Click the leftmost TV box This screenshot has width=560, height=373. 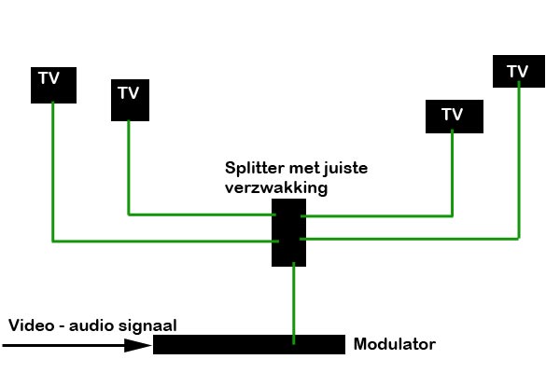tap(52, 84)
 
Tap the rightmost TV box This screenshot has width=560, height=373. tap(516, 72)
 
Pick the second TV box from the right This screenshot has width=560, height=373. tap(453, 115)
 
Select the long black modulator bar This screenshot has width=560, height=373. tap(248, 344)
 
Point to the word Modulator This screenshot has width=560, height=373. tap(394, 345)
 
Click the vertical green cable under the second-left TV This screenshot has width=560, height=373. tap(129, 168)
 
